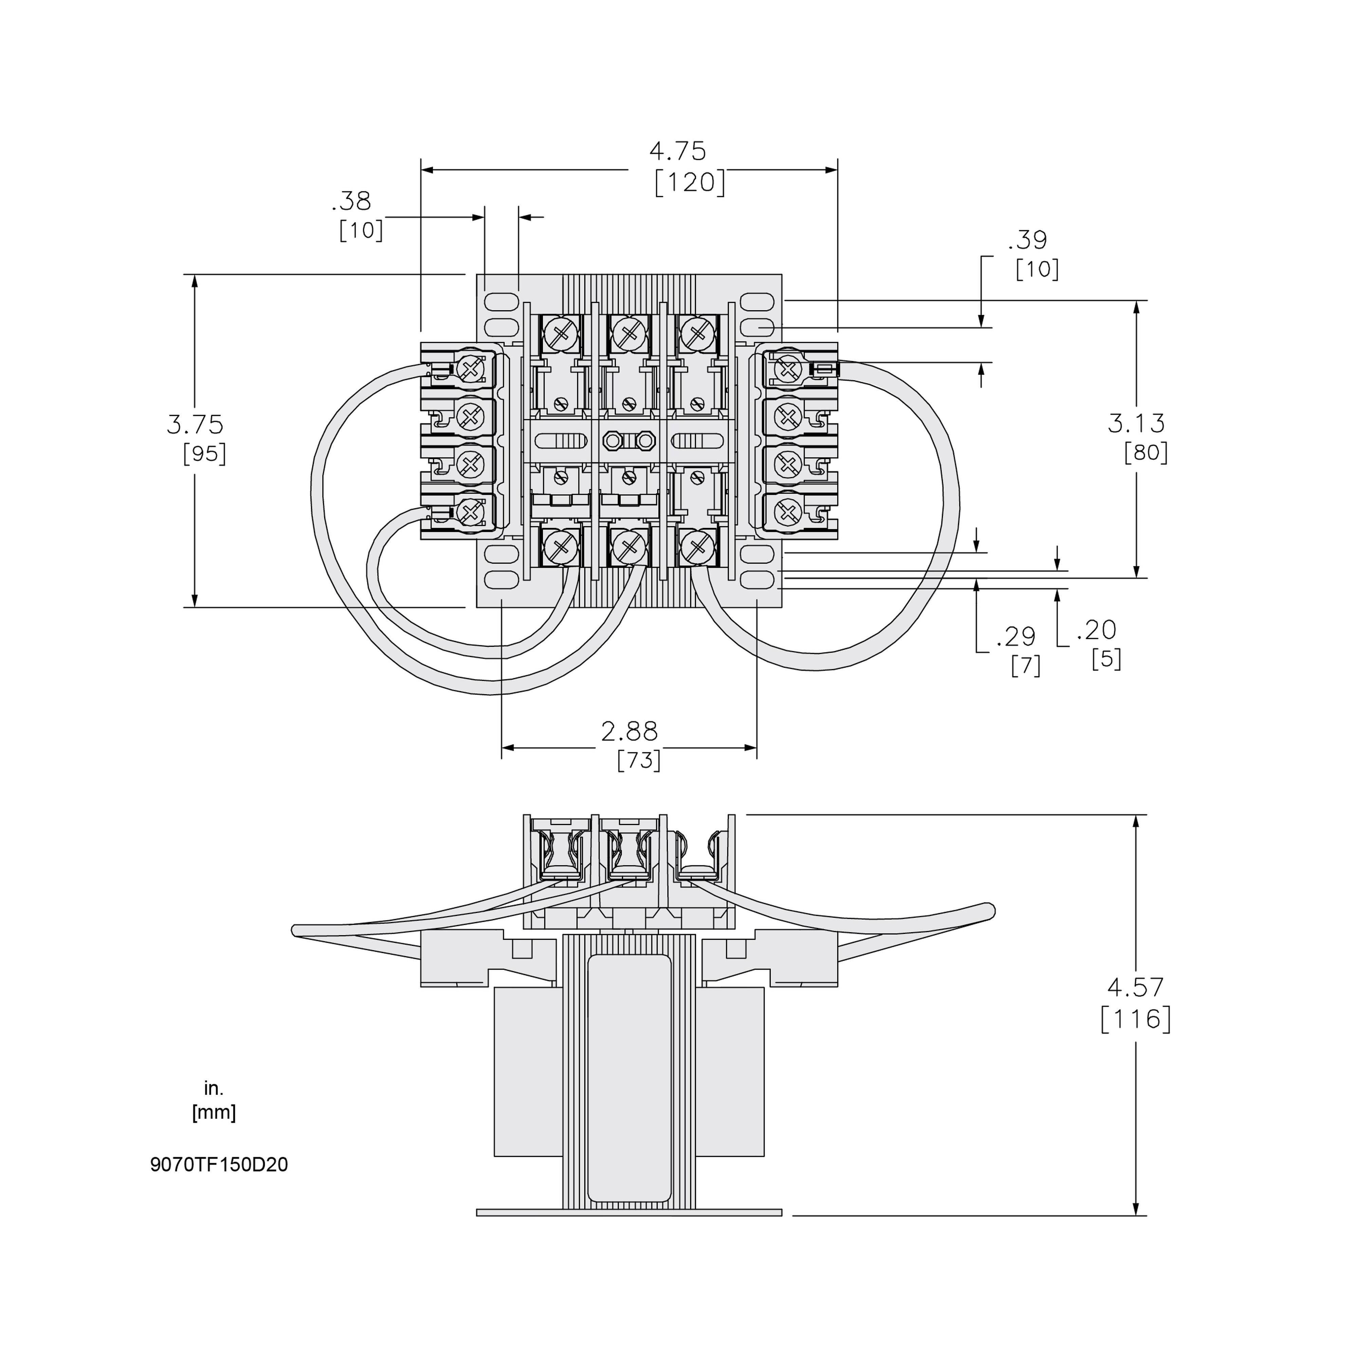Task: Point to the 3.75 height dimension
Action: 195,425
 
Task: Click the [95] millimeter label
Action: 204,454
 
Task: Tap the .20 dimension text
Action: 1097,630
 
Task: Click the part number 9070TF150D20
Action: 219,1165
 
